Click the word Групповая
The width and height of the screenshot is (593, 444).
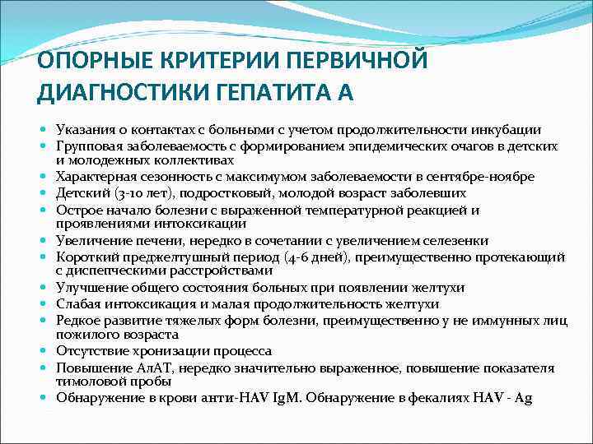[86, 146]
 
